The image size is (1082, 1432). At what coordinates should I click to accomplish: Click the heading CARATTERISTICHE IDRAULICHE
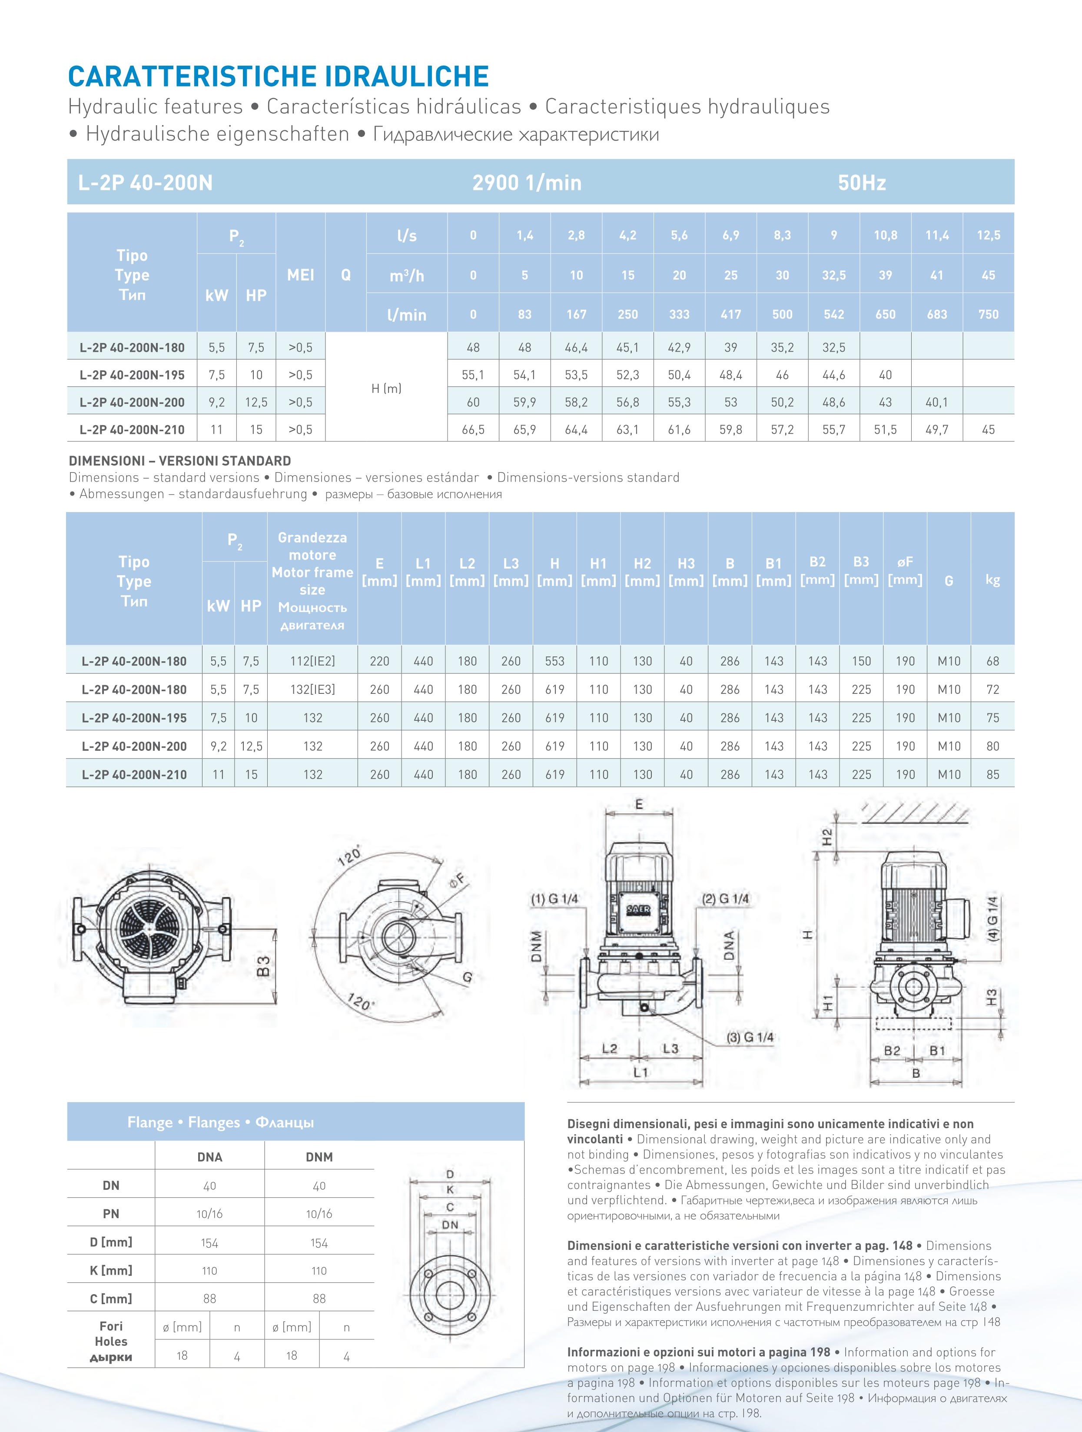[x=278, y=77]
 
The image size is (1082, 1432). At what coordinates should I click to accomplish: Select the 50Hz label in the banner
[x=862, y=183]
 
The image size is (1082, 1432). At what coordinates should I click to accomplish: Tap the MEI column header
[x=300, y=274]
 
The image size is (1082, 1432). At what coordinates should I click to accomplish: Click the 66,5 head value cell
[x=473, y=429]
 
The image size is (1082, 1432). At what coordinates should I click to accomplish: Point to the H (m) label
[x=386, y=388]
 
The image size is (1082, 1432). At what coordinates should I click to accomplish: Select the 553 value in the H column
[x=554, y=661]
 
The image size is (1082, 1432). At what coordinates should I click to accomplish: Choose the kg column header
[x=992, y=580]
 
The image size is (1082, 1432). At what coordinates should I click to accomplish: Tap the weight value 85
[x=992, y=774]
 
